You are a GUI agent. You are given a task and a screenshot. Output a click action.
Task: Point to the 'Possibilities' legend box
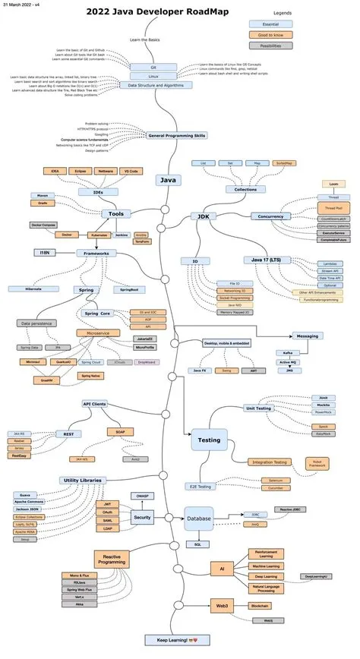click(261, 46)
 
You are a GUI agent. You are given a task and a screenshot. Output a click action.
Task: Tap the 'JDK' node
click(204, 216)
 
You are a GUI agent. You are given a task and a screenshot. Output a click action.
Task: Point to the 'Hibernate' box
click(29, 289)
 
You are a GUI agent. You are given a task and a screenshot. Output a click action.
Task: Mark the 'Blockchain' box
click(263, 605)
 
